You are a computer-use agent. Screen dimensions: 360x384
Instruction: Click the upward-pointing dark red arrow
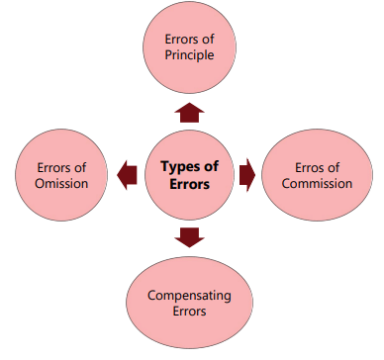point(190,110)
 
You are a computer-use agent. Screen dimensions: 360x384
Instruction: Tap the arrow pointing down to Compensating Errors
point(190,236)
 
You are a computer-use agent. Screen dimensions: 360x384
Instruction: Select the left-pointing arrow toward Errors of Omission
point(126,175)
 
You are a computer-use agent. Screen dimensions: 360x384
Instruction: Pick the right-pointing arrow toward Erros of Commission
point(247,175)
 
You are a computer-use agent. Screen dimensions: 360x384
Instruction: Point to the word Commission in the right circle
point(317,183)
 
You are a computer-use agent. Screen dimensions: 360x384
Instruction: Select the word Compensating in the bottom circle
point(189,295)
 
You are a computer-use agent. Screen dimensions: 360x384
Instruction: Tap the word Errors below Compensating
point(189,312)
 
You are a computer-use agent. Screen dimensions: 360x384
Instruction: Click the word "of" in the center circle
point(211,166)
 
